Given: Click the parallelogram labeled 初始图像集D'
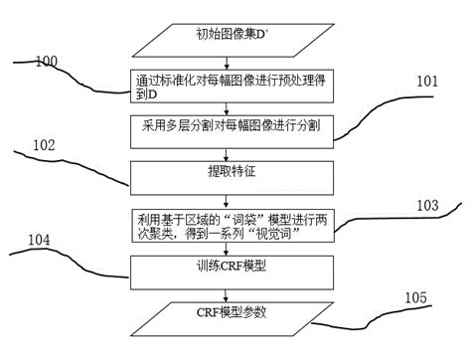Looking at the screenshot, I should pyautogui.click(x=231, y=42).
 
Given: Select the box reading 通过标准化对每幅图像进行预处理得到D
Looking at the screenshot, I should pyautogui.click(x=231, y=87).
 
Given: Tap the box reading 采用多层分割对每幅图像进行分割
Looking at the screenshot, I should pyautogui.click(x=231, y=128).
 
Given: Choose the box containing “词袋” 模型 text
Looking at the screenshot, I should pyautogui.click(x=231, y=223).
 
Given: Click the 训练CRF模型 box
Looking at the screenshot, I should pyautogui.click(x=231, y=268).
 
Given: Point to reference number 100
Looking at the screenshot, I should pyautogui.click(x=46, y=63).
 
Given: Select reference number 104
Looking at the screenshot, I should pyautogui.click(x=41, y=241).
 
